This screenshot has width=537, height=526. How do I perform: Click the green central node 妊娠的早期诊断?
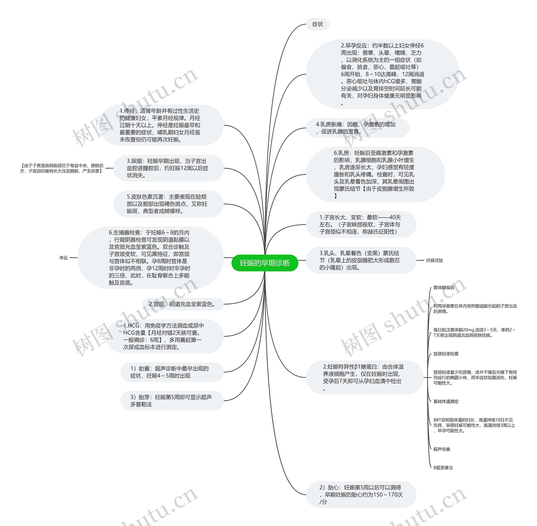click(265, 263)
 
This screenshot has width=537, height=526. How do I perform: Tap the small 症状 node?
click(317, 24)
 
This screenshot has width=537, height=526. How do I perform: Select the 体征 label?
click(63, 257)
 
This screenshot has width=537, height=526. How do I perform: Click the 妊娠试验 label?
click(434, 260)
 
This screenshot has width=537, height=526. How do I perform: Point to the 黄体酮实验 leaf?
click(444, 288)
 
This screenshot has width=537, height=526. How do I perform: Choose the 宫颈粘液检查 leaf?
click(446, 354)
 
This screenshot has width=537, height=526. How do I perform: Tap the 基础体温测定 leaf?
click(446, 401)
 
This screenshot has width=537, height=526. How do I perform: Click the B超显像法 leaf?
click(443, 468)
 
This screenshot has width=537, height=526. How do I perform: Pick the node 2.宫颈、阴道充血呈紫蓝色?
click(183, 304)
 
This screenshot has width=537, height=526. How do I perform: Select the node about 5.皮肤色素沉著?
click(168, 204)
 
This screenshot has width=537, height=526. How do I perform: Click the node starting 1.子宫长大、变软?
click(360, 225)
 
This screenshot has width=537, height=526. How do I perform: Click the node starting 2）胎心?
click(361, 495)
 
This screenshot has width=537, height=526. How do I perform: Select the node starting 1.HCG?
click(165, 336)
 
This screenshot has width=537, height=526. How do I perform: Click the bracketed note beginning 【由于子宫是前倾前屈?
click(62, 168)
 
